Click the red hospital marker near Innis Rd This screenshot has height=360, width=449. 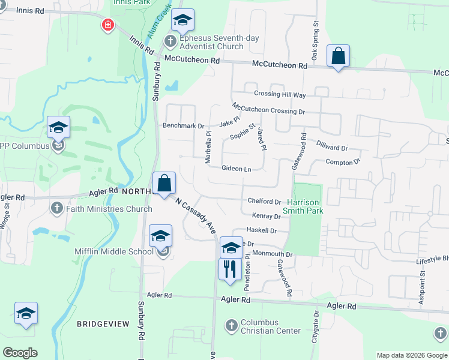point(108,25)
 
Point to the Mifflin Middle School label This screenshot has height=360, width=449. point(114,251)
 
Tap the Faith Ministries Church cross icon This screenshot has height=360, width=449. point(57,209)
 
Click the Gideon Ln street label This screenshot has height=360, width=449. point(236,169)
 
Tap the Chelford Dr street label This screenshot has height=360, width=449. point(264,202)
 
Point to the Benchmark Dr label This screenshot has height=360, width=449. point(184,126)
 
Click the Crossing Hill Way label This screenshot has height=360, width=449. point(280,95)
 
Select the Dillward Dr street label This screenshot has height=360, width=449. point(332,148)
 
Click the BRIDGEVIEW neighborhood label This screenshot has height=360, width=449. point(103,324)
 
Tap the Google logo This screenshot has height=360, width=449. point(20,353)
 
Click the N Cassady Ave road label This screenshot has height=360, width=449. point(195,215)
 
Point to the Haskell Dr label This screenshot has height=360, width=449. point(262,230)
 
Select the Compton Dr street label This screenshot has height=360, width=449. point(342,162)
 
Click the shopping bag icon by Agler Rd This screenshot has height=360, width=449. point(164,184)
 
